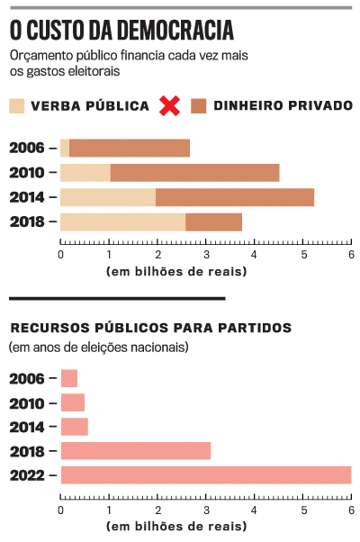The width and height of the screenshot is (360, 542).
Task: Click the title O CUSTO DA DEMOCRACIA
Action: click(x=121, y=31)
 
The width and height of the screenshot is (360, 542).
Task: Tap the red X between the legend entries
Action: click(x=169, y=105)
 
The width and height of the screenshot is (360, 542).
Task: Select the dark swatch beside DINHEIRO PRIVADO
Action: click(x=198, y=105)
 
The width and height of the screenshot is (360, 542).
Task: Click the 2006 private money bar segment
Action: click(x=129, y=149)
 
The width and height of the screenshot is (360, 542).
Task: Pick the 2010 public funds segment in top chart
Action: click(x=85, y=173)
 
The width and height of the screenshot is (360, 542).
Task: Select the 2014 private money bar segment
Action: click(x=234, y=197)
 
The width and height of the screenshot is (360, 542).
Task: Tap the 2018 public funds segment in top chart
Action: click(x=122, y=221)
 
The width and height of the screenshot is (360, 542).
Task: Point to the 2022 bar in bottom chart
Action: click(x=205, y=475)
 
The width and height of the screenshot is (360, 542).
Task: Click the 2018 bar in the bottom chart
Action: click(x=135, y=451)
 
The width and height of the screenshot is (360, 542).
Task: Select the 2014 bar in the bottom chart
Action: click(x=74, y=427)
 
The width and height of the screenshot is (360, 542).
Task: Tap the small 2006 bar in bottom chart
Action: click(x=68, y=378)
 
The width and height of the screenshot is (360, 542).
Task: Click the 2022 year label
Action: click(x=28, y=475)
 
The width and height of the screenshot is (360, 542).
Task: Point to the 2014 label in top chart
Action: click(x=28, y=197)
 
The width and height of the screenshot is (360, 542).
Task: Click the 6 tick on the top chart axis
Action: click(x=351, y=255)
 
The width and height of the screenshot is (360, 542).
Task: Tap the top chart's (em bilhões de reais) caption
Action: click(x=176, y=271)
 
